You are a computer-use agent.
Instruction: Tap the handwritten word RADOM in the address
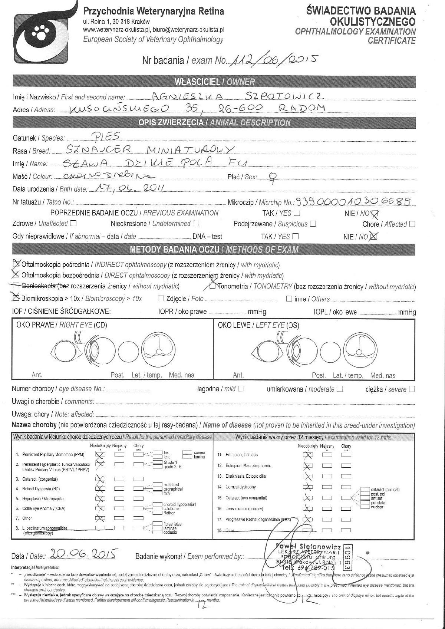point(303,108)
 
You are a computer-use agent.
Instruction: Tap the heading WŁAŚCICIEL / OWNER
point(214,82)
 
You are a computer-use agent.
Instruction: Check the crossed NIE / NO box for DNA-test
point(373,236)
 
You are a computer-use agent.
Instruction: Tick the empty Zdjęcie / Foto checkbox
point(161,299)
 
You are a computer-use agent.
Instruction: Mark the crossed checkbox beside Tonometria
point(212,286)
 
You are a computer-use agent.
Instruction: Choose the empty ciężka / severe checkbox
point(412,389)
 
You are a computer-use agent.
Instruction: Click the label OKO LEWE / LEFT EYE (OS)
point(258,325)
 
